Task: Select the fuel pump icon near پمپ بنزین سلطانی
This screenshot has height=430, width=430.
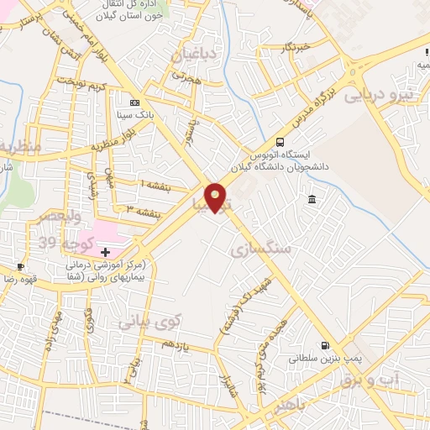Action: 324,345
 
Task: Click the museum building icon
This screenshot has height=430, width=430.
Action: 312,199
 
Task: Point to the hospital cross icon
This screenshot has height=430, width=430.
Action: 105,251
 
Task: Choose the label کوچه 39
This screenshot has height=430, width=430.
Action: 71,243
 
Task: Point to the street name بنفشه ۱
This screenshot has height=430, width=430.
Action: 155,185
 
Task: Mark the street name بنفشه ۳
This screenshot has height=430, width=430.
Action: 141,208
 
